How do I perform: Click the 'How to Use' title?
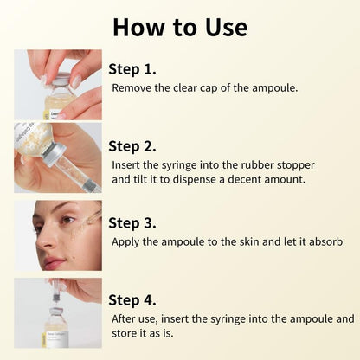(180, 27)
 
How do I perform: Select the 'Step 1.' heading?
(132, 68)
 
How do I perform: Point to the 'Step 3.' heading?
(132, 222)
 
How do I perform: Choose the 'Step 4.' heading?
(132, 299)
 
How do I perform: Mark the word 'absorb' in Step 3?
(325, 241)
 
